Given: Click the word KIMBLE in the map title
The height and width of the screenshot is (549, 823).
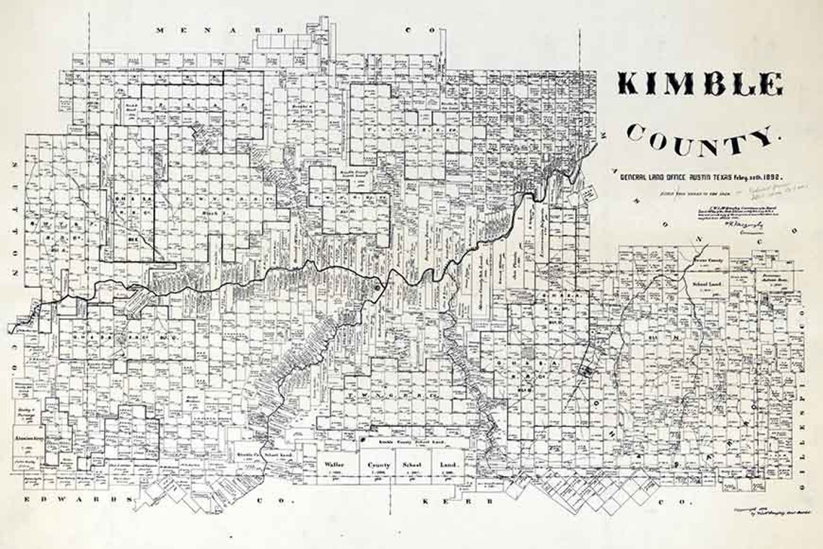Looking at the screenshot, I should [699, 85].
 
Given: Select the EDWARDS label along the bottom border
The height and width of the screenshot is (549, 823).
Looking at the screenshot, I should [79, 500].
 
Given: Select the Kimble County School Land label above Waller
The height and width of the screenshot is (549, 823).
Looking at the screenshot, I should [404, 440].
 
